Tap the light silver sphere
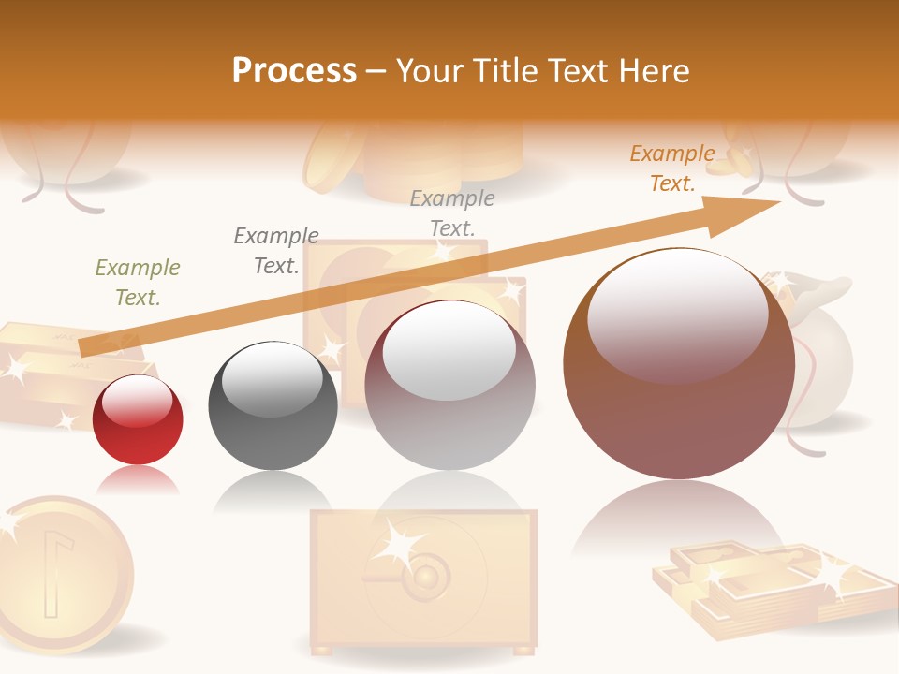pyautogui.click(x=449, y=386)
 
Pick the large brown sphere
pyautogui.click(x=679, y=365)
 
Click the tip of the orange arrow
pyautogui.click(x=777, y=202)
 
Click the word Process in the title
pyautogui.click(x=294, y=70)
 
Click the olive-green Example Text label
pyautogui.click(x=138, y=283)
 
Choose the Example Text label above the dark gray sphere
pyautogui.click(x=276, y=251)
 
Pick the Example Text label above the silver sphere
pyautogui.click(x=452, y=213)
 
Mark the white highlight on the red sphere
pyautogui.click(x=137, y=401)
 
